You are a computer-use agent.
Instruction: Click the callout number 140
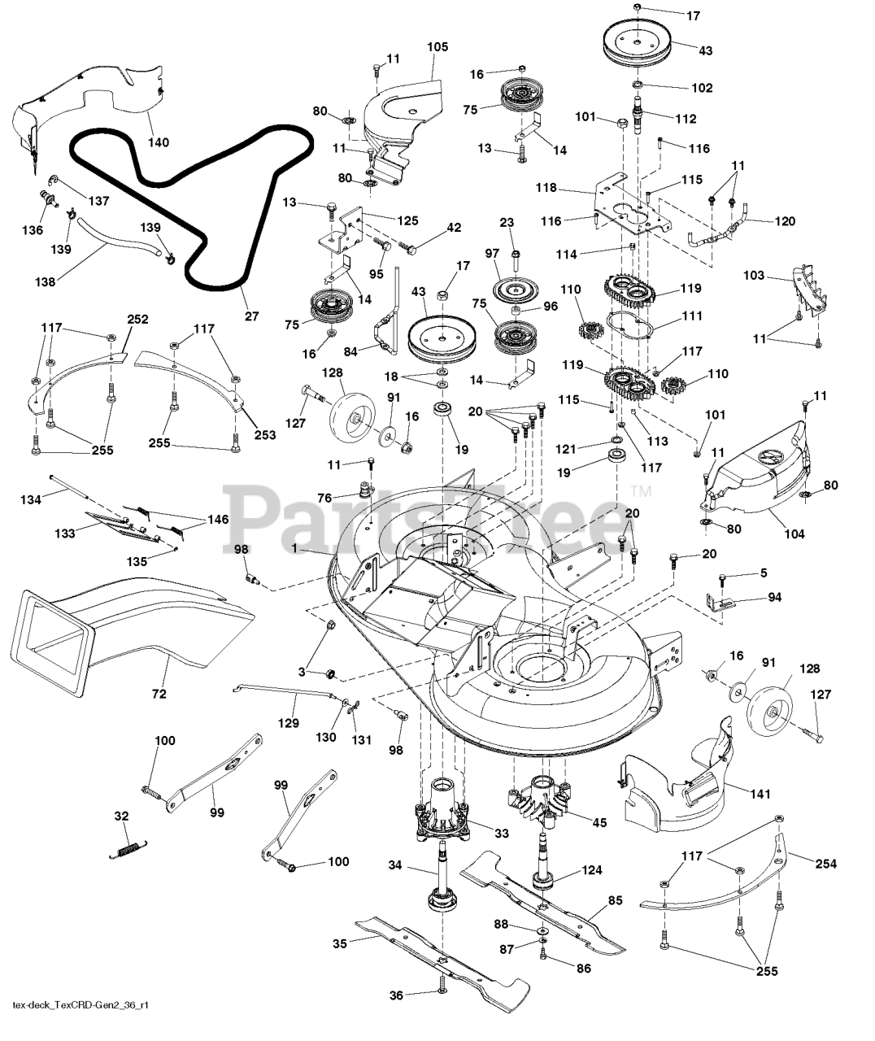pos(159,142)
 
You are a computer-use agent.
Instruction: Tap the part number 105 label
pos(437,47)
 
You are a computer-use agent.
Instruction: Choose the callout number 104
pos(794,534)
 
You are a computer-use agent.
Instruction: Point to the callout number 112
pos(686,119)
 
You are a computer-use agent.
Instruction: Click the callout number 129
pos(288,721)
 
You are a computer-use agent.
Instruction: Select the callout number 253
pos(263,435)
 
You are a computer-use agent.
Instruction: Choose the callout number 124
pos(592,870)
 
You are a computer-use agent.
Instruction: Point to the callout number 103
pos(753,276)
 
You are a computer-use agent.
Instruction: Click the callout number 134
pos(30,499)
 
